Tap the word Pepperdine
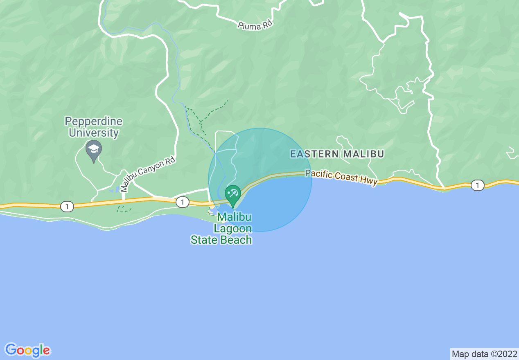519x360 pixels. [x=94, y=122]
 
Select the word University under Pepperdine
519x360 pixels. [x=94, y=133]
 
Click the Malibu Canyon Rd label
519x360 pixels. [x=148, y=175]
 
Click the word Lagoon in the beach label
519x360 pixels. [x=233, y=228]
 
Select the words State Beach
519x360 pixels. [x=221, y=240]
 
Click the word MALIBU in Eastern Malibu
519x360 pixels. [x=364, y=154]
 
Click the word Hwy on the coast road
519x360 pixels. [x=368, y=180]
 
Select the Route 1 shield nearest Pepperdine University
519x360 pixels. [x=67, y=207]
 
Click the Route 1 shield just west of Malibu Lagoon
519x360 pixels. [x=183, y=202]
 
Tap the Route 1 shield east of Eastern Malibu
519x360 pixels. [x=477, y=185]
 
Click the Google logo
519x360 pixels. [x=28, y=350]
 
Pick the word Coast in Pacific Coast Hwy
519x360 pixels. [x=346, y=176]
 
